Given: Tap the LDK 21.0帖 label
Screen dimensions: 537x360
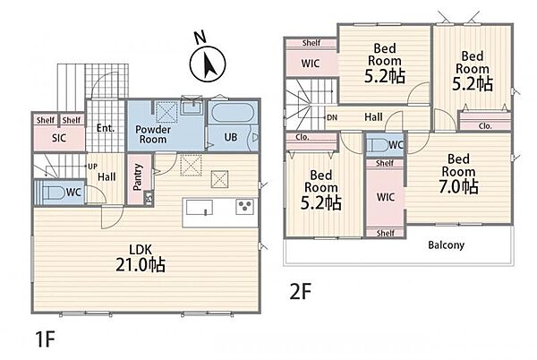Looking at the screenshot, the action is pyautogui.click(x=141, y=258).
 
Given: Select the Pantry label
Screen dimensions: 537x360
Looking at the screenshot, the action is pyautogui.click(x=138, y=176).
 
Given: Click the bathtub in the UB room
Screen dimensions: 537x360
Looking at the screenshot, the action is pyautogui.click(x=233, y=113).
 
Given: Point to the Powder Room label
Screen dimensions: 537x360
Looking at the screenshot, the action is pyautogui.click(x=153, y=134).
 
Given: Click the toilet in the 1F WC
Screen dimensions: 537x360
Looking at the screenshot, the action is pyautogui.click(x=51, y=193).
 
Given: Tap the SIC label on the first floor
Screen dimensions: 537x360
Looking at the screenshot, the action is pyautogui.click(x=59, y=138).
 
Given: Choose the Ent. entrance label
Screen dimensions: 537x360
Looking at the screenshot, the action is pyautogui.click(x=105, y=128).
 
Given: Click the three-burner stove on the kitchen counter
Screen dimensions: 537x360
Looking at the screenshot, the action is pyautogui.click(x=245, y=207).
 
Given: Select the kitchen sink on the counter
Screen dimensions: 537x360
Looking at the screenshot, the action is pyautogui.click(x=199, y=208).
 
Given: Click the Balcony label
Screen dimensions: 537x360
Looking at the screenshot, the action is pyautogui.click(x=447, y=244).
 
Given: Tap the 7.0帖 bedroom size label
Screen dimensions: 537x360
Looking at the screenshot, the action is pyautogui.click(x=458, y=186).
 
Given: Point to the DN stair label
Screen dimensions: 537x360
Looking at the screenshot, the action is pyautogui.click(x=332, y=117).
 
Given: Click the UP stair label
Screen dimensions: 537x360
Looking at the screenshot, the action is pyautogui.click(x=93, y=167).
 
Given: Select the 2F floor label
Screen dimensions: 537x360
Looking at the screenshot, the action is pyautogui.click(x=301, y=292).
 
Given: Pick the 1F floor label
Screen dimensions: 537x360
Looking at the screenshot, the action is pyautogui.click(x=46, y=339).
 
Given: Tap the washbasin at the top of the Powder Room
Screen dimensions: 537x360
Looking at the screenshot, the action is pyautogui.click(x=192, y=107).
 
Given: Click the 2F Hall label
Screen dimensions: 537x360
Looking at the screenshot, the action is pyautogui.click(x=373, y=117).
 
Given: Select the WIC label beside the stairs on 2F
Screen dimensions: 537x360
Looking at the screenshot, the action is pyautogui.click(x=311, y=64).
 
